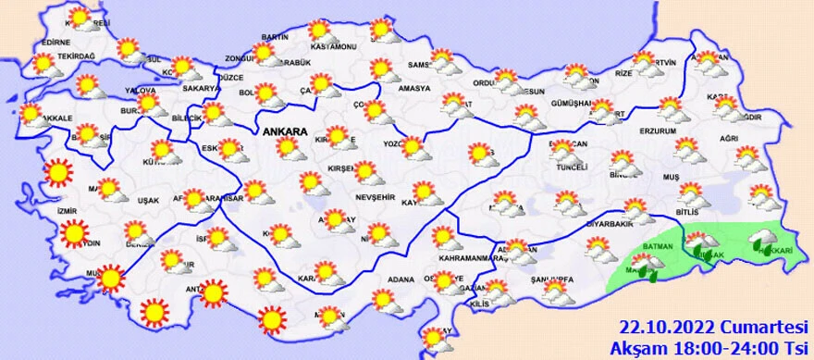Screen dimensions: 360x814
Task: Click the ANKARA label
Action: pyautogui.click(x=285, y=132)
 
